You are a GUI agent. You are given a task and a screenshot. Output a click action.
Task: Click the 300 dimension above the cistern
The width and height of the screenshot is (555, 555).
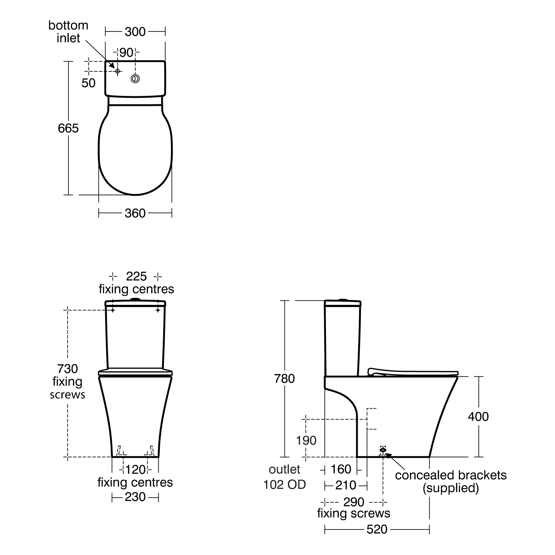click(135, 32)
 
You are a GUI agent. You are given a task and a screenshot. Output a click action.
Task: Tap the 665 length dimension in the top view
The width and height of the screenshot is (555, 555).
click(68, 128)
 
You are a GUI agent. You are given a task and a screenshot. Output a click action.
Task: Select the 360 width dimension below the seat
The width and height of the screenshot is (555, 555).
click(135, 213)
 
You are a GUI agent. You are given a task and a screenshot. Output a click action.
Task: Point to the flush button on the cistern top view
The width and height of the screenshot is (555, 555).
click(136, 78)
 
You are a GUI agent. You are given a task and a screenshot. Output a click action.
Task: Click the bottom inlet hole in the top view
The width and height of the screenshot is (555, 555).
click(117, 71)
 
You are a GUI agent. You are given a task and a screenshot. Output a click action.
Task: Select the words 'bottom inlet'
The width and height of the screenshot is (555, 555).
click(68, 32)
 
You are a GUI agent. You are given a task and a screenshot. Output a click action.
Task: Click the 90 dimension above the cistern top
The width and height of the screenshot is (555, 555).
click(126, 53)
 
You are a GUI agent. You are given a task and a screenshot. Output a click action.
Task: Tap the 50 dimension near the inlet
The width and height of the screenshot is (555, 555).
click(88, 83)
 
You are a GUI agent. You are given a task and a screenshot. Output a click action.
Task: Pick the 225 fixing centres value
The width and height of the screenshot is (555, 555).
click(136, 276)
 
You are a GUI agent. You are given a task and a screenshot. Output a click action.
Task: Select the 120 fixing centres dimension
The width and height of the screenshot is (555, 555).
click(135, 470)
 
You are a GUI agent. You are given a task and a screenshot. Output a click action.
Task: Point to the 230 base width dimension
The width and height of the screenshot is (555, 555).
click(135, 497)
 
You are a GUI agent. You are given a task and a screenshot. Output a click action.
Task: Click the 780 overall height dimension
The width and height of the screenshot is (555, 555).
click(284, 379)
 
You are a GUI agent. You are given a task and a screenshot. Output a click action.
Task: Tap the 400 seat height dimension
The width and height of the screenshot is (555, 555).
click(478, 417)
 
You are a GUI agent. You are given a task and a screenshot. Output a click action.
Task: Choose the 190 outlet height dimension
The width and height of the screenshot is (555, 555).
click(306, 440)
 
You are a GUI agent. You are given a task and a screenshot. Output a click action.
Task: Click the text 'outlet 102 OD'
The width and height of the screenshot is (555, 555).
click(285, 477)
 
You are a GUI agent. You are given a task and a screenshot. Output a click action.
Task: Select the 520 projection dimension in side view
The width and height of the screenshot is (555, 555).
click(377, 529)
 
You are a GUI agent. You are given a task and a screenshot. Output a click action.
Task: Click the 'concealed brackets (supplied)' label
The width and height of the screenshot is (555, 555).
click(451, 481)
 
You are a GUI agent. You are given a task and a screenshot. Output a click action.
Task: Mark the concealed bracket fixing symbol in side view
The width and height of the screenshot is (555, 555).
click(383, 450)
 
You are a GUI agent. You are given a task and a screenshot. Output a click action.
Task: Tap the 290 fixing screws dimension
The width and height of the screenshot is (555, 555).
click(354, 502)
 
